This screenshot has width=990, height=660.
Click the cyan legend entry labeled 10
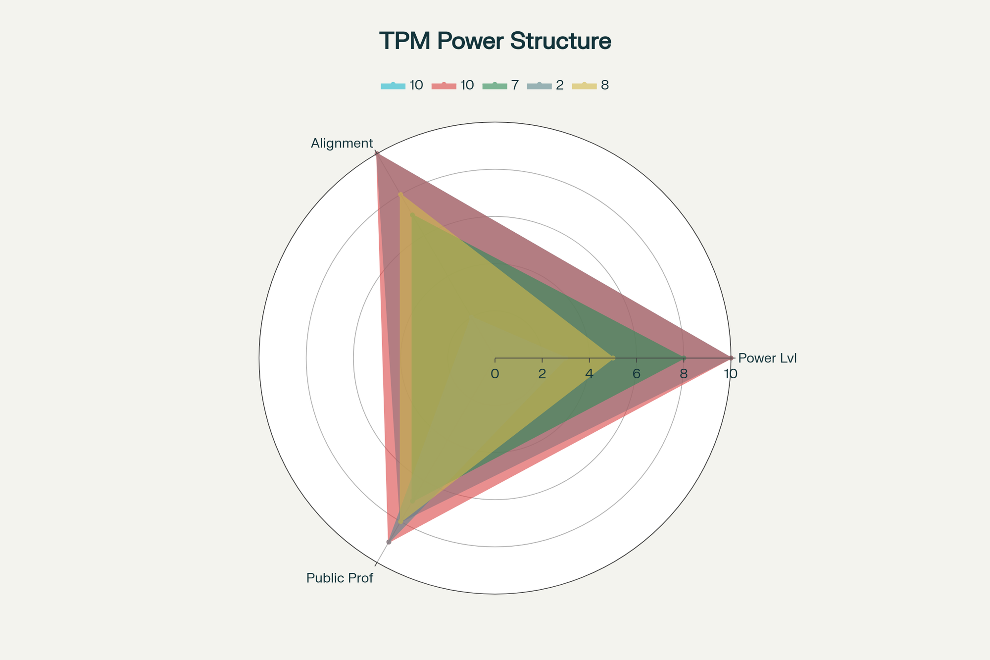click(402, 86)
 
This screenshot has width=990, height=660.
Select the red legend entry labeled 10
click(452, 86)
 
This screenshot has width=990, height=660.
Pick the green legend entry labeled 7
click(500, 86)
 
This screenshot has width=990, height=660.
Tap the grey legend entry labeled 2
click(545, 86)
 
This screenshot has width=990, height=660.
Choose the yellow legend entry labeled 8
click(591, 86)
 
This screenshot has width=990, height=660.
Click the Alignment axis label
click(342, 144)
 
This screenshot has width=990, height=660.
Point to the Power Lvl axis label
click(767, 358)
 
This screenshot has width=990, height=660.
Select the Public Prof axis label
click(340, 578)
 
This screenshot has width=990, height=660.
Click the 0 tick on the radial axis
click(495, 374)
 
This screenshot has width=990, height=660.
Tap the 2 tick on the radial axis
click(542, 374)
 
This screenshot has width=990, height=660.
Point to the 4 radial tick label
click(589, 374)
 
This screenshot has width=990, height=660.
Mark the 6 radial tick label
click(636, 374)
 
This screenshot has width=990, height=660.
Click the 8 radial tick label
click(683, 374)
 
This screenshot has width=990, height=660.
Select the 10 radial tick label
click(730, 374)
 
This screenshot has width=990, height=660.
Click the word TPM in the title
click(404, 41)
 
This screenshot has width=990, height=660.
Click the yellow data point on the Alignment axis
click(400, 195)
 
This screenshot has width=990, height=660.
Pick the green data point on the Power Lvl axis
click(684, 358)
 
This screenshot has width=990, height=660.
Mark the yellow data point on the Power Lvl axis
click(613, 358)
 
